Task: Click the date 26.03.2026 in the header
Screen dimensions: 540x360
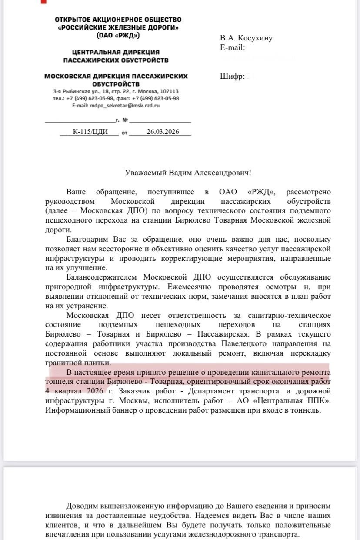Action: point(163,132)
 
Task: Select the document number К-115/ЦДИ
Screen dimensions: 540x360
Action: point(90,132)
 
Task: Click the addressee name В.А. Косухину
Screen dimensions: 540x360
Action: point(246,38)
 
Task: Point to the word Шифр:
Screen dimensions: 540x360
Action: point(232,77)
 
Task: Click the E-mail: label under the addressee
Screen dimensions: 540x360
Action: point(233,47)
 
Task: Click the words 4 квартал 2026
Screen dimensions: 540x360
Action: point(74,391)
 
